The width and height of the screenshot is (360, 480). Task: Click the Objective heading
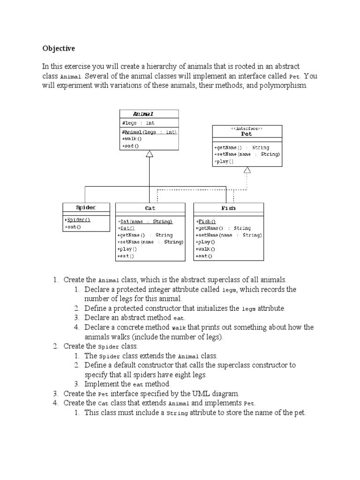(59, 48)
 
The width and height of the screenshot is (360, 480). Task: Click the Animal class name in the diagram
(143, 114)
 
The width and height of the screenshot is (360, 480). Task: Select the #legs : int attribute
(138, 123)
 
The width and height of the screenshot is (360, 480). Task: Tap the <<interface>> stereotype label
(247, 128)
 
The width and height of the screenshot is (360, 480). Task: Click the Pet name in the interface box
(247, 134)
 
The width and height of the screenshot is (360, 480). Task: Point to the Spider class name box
(86, 207)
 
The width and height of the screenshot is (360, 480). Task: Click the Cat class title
(150, 208)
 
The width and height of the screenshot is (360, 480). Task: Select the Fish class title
(228, 208)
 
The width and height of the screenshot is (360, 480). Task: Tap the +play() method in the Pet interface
(224, 161)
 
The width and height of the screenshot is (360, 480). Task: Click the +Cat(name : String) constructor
(145, 221)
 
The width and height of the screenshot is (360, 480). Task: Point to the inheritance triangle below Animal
(150, 154)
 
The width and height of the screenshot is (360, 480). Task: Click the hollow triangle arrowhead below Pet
(247, 170)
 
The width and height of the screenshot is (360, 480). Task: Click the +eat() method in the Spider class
(73, 227)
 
